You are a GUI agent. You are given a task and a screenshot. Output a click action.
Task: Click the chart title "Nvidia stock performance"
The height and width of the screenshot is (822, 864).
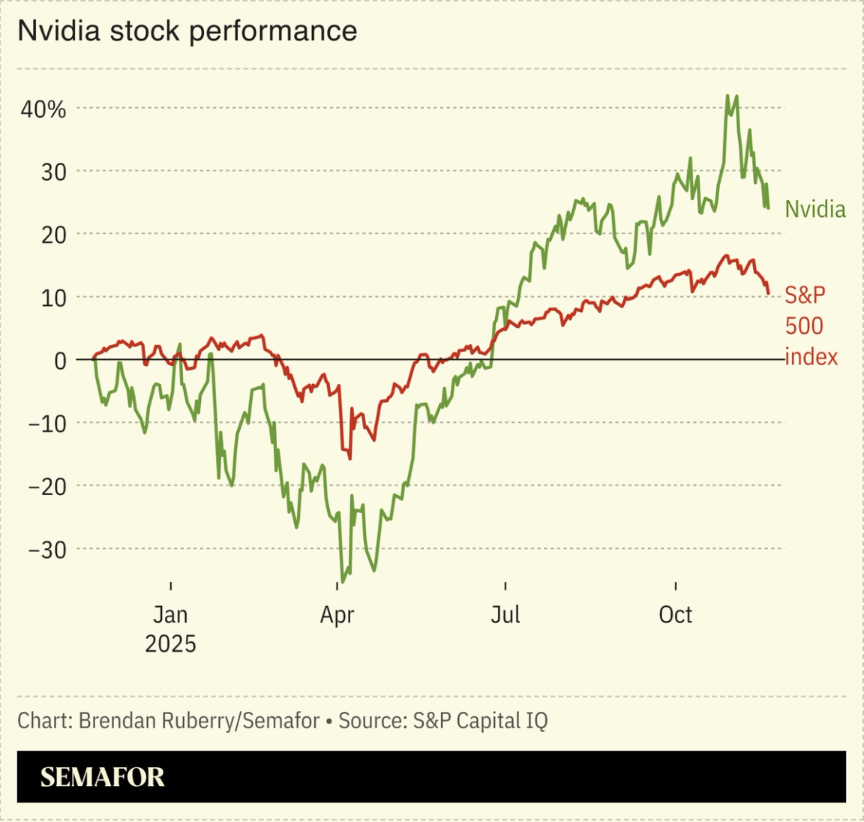(187, 31)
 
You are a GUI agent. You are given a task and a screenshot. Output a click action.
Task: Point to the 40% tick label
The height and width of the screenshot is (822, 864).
(43, 109)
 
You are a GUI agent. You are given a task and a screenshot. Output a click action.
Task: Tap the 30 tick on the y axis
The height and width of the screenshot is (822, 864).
(52, 172)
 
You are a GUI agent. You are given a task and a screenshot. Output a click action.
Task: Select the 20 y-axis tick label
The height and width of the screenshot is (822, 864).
(52, 235)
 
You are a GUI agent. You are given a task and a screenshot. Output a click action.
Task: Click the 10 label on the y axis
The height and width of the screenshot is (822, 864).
(52, 298)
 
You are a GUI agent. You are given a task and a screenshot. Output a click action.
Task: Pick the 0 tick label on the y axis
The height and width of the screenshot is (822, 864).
(60, 361)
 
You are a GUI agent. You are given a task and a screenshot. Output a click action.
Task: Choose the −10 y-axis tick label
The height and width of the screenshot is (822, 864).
(47, 424)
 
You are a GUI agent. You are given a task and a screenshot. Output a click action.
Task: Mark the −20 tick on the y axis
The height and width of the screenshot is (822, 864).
(47, 487)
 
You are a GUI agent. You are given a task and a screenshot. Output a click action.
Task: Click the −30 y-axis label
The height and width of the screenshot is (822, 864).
(47, 550)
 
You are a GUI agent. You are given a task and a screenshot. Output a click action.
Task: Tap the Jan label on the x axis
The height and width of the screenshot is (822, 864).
(170, 615)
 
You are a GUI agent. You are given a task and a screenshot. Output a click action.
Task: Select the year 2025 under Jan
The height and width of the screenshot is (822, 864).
(170, 644)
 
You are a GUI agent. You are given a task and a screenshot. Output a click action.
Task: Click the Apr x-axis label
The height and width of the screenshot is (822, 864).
(337, 615)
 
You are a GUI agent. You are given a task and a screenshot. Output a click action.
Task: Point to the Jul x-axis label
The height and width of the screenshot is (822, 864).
(505, 615)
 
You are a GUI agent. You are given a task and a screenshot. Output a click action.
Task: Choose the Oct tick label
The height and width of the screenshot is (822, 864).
(675, 615)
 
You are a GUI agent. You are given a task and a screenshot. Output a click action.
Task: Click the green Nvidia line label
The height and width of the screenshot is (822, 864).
(814, 209)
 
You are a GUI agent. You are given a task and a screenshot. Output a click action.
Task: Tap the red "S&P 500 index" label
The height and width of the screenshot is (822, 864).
(811, 325)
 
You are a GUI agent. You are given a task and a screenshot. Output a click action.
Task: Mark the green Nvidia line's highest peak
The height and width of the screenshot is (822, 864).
(727, 96)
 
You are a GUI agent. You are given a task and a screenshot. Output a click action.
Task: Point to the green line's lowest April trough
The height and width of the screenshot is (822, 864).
(343, 581)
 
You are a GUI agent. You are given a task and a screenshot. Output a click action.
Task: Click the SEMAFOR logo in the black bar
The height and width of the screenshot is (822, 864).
(102, 777)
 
